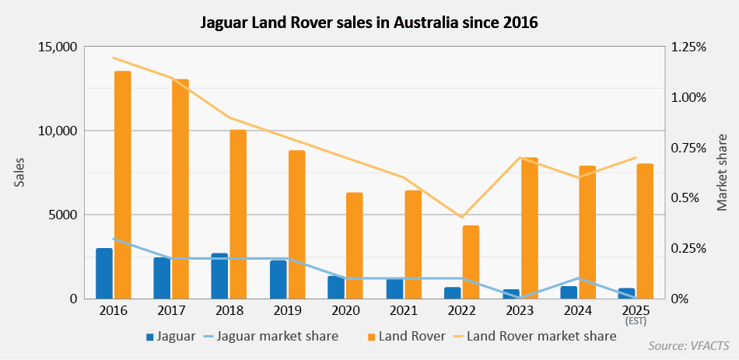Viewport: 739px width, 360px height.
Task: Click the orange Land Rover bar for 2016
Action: click(123, 185)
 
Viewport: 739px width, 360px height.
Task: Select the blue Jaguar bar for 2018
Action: click(219, 276)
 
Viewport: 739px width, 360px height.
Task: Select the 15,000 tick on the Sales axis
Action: click(57, 47)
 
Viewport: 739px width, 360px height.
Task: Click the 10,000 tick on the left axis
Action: click(57, 131)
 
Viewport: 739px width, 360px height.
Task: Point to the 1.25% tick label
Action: click(688, 47)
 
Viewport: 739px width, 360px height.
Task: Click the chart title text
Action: click(369, 23)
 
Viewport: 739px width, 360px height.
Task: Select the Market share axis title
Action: click(722, 173)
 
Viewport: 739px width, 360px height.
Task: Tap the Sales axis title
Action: click(19, 173)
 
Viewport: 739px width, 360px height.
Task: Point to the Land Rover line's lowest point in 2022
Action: click(461, 217)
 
